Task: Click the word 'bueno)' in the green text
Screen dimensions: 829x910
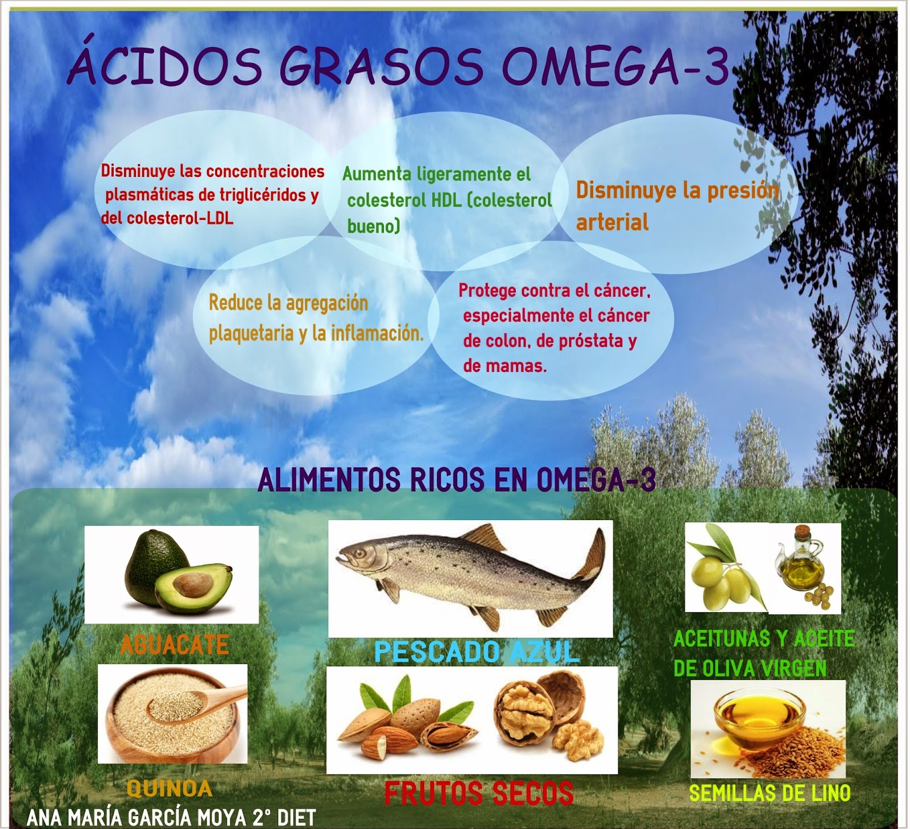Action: tap(374, 226)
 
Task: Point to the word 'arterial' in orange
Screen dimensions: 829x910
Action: tap(612, 222)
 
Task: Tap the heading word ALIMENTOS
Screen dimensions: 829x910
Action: tap(330, 480)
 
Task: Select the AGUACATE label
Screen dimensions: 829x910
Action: tap(175, 645)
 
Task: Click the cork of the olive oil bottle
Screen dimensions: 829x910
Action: tap(803, 533)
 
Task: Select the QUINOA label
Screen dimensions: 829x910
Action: tap(169, 789)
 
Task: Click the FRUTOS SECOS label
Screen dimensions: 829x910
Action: tap(479, 794)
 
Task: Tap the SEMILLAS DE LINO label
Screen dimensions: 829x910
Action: tap(770, 793)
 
